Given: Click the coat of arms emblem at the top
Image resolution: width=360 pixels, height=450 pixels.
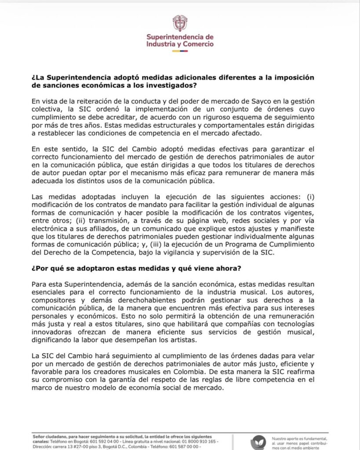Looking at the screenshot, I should (x=179, y=23).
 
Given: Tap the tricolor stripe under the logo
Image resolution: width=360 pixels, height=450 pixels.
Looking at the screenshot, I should (x=179, y=51).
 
